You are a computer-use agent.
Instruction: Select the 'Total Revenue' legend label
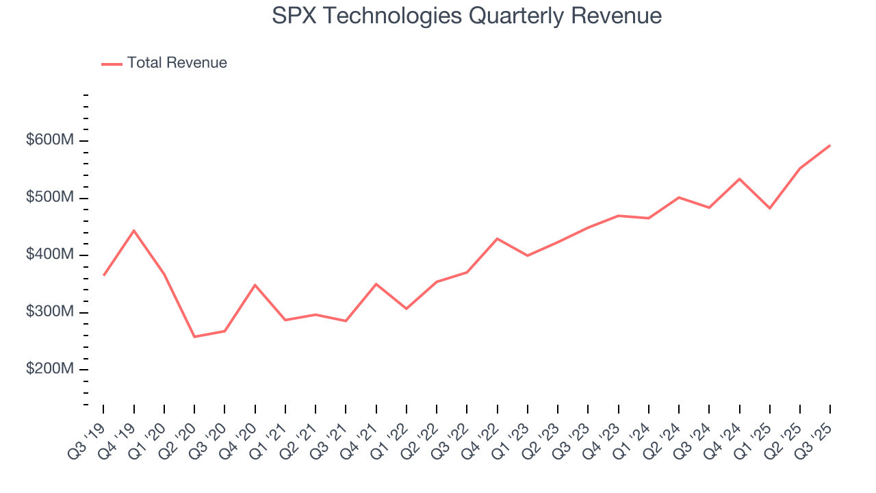177,63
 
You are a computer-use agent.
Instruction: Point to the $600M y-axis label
50,140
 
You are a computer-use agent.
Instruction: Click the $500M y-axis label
50,197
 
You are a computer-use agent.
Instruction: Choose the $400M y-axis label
50,255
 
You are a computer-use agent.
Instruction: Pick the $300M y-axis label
50,312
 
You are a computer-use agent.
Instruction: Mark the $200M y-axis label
50,369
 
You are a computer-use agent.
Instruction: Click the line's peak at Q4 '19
134,231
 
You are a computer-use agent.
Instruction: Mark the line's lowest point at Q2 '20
194,337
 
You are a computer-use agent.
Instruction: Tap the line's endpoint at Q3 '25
830,145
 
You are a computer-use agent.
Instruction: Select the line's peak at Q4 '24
739,179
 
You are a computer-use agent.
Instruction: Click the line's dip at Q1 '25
770,208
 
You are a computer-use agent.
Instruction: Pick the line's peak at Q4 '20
255,285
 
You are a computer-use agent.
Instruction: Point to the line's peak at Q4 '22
497,238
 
